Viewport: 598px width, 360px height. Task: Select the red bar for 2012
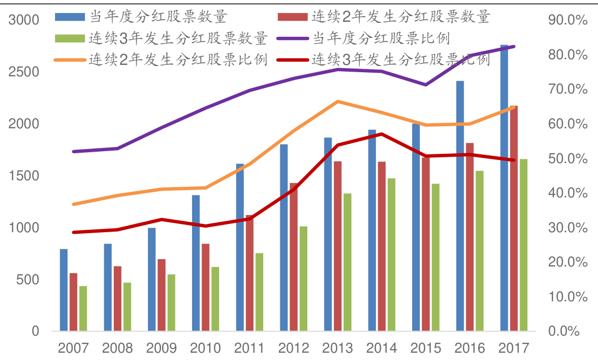pos(294,257)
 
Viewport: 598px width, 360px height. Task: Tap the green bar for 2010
pos(215,299)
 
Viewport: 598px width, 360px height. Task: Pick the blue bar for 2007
pos(64,290)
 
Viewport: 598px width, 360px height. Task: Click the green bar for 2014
pos(391,255)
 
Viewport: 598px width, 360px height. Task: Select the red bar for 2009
pos(162,295)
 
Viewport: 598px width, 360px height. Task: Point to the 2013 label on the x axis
pos(337,348)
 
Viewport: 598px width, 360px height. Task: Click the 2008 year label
pos(118,348)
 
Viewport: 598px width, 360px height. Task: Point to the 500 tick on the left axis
pos(29,279)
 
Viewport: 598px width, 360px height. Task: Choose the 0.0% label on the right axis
pos(570,331)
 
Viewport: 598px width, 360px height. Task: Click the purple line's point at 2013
pos(337,69)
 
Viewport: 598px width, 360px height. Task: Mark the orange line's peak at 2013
pos(337,101)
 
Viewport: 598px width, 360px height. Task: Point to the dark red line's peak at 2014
pos(382,134)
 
